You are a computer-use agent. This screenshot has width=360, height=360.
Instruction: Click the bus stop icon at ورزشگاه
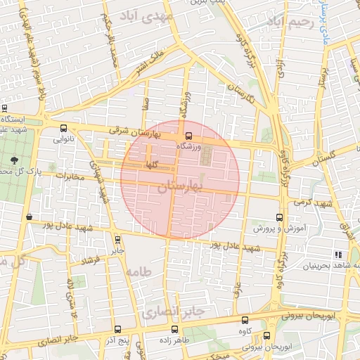point(188,136)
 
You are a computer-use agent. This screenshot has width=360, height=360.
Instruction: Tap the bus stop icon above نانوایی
point(65,129)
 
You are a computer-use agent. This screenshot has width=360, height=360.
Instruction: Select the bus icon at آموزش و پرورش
point(279,217)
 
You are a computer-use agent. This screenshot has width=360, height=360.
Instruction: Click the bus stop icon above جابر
point(117,238)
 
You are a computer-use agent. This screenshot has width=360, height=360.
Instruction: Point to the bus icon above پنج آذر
point(117,329)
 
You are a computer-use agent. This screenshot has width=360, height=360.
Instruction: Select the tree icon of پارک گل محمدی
point(15,161)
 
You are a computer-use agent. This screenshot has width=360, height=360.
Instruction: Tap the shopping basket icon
point(28,217)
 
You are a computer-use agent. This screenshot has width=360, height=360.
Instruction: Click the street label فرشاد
point(93,262)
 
